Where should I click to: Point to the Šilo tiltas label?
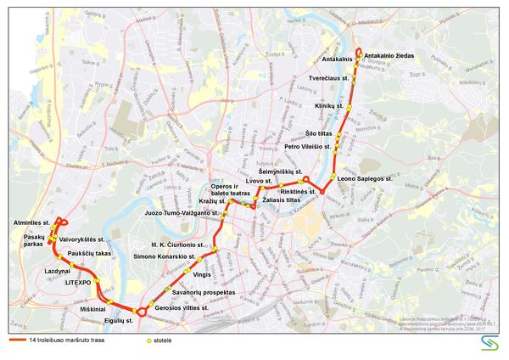point(320,133)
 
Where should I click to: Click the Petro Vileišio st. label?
point(308,147)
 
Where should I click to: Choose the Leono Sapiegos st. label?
point(364,180)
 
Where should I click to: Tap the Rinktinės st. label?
point(298,192)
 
